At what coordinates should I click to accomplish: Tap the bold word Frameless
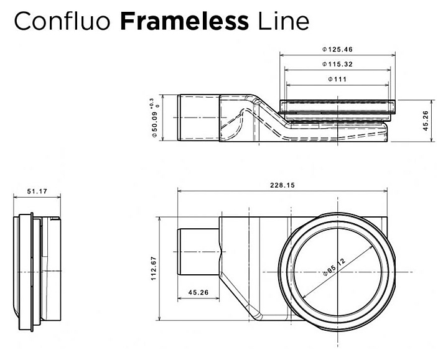click(185, 21)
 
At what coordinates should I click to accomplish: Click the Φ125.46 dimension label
click(338, 48)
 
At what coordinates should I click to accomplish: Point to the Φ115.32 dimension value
click(338, 64)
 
